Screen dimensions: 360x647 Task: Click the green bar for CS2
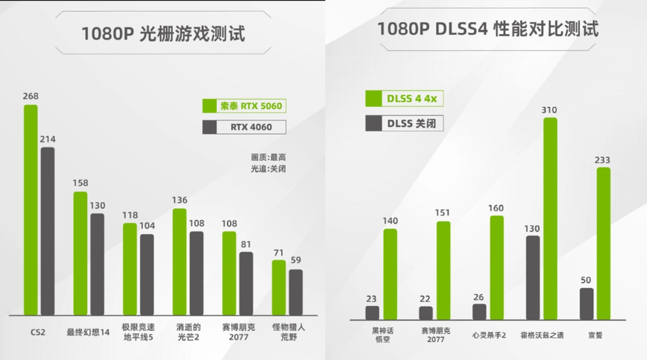point(31,210)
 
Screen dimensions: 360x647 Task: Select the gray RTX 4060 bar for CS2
point(48,231)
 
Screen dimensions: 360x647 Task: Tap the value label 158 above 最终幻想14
point(80,183)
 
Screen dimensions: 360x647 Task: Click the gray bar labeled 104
point(147,274)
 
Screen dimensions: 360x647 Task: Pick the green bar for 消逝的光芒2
point(179,262)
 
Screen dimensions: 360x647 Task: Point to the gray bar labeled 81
point(246,283)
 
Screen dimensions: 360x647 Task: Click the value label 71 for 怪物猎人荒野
point(279,252)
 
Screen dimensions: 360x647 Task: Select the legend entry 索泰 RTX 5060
point(243,107)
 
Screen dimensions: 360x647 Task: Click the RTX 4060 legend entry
point(244,127)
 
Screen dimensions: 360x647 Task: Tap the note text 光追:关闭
point(268,169)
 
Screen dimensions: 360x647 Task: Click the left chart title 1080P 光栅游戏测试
point(163,34)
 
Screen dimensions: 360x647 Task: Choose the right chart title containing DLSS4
point(487,29)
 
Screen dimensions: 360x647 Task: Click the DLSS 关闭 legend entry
point(405,123)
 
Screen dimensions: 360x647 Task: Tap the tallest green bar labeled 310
point(550,219)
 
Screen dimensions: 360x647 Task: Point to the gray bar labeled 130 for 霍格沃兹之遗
point(533,277)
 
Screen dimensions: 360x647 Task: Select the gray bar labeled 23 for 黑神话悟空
point(373,313)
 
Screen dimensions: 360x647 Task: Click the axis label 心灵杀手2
point(488,335)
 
